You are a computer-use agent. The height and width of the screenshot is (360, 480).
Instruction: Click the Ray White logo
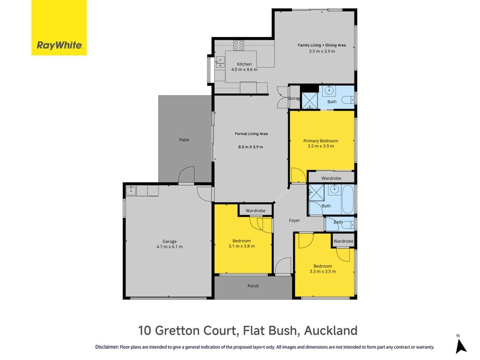[59, 28]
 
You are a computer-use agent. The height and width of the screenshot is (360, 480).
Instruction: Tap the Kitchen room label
[244, 64]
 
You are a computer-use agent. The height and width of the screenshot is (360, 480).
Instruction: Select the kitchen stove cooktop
[239, 45]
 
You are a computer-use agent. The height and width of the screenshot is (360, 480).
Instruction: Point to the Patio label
[184, 140]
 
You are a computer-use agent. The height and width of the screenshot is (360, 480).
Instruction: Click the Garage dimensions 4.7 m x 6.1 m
[170, 247]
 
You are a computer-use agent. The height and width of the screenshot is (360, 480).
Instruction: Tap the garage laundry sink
[131, 190]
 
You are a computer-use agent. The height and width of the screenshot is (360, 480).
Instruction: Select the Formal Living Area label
[251, 134]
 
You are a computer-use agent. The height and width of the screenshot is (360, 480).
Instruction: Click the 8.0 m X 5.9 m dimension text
[251, 147]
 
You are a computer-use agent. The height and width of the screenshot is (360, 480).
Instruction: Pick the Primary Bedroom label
[321, 141]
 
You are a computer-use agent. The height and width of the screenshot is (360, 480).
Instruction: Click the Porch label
[253, 286]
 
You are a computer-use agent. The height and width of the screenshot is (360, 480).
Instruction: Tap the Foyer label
[294, 220]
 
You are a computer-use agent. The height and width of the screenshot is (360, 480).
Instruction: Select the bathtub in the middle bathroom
[347, 199]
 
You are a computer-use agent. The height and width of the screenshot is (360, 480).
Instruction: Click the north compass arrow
[460, 347]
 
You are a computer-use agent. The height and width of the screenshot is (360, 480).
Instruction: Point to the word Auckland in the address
[330, 330]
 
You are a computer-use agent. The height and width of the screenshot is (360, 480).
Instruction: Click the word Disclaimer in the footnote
[107, 347]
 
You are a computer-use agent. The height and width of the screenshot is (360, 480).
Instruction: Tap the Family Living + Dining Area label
[322, 45]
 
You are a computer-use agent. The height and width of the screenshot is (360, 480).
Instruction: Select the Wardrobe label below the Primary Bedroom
[331, 178]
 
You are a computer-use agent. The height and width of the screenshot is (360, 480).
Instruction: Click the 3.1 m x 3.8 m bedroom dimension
[241, 246]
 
